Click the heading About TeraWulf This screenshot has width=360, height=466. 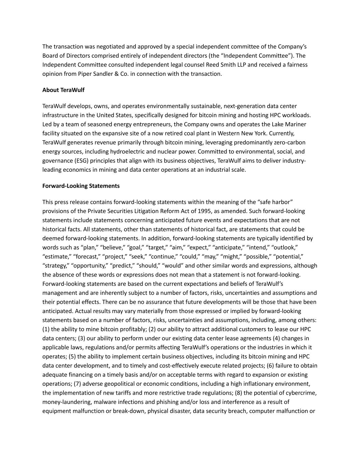(x=63, y=90)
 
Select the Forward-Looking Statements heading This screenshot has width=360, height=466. (x=81, y=186)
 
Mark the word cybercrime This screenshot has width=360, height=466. (x=301, y=393)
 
